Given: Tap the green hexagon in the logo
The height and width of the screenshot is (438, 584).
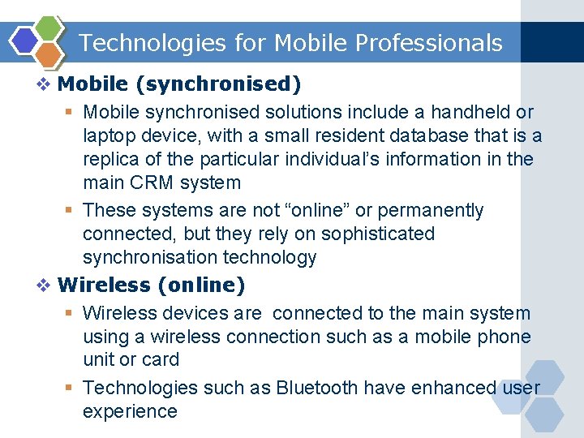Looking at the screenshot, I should coord(49,28).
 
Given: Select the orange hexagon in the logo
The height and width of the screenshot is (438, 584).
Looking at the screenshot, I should coord(49,55).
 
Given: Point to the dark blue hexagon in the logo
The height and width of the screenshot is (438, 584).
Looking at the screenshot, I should coord(24,41).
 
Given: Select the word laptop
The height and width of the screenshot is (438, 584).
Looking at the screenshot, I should coord(109,135).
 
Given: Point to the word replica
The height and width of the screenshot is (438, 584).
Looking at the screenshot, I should coord(111,159).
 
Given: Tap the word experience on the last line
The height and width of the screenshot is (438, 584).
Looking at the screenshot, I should coord(130,411).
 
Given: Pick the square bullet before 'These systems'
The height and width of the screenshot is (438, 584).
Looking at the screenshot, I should coord(70,211).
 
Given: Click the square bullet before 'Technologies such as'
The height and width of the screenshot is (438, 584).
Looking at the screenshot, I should coord(70,389).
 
